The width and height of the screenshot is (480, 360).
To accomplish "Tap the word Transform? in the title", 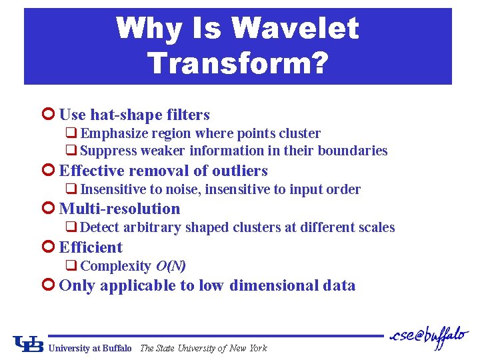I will (238, 63).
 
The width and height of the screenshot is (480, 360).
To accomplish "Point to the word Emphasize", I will (111, 133).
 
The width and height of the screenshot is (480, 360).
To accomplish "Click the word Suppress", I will (109, 151).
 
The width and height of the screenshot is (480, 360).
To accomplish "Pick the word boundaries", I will (353, 151).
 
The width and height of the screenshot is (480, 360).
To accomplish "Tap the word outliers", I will (236, 171).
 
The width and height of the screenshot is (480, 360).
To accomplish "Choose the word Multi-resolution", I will (119, 209).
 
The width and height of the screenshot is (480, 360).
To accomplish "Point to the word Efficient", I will (91, 247).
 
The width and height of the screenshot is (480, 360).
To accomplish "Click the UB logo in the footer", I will (29, 344).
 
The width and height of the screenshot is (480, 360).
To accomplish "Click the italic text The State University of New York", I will (203, 348).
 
